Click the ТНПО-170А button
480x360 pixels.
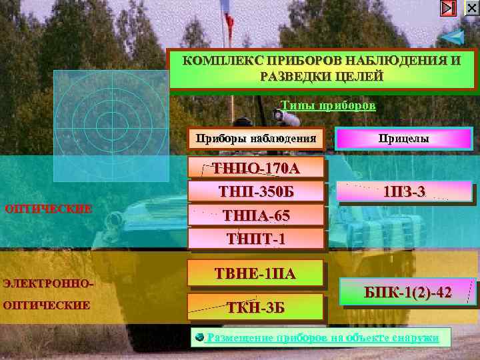pyautogui.click(x=257, y=168)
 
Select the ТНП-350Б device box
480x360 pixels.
pyautogui.click(x=257, y=192)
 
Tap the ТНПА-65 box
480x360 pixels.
pyautogui.click(x=257, y=215)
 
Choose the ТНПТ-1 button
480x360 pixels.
pyautogui.click(x=257, y=238)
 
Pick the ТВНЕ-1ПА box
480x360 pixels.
pyautogui.click(x=257, y=273)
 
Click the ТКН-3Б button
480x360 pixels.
pyautogui.click(x=257, y=307)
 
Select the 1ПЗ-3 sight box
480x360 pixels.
pyautogui.click(x=405, y=192)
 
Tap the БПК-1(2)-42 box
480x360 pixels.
pyautogui.click(x=408, y=292)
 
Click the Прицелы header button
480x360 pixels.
pyautogui.click(x=403, y=139)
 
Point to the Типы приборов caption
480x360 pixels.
pyautogui.click(x=328, y=106)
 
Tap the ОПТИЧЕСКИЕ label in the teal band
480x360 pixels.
pyautogui.click(x=48, y=208)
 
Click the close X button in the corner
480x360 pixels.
pyautogui.click(x=471, y=8)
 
